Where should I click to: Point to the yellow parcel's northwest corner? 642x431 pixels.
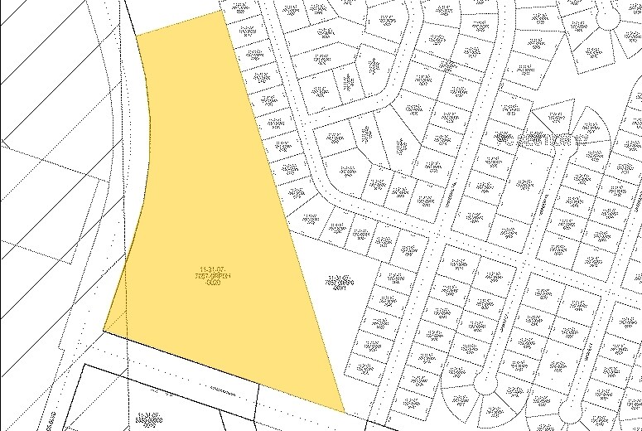[x=137, y=35]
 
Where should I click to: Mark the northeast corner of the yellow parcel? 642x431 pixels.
[x=223, y=10]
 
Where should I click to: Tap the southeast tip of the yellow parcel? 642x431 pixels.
[x=344, y=412]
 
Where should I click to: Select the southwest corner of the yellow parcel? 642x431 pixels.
[x=104, y=330]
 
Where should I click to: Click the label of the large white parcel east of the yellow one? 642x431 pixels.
[x=337, y=283]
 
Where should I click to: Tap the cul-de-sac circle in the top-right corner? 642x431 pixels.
[x=609, y=17]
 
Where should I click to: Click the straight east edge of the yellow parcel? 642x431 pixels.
[x=282, y=207]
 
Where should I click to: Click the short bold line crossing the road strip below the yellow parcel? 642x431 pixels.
[x=258, y=397]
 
